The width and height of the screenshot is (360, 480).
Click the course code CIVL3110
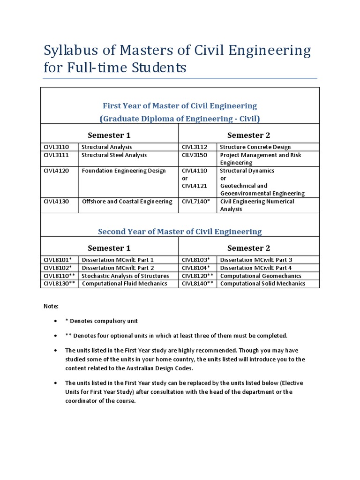point(56,147)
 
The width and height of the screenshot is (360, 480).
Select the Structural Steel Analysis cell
point(114,155)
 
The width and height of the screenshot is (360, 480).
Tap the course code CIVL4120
point(56,171)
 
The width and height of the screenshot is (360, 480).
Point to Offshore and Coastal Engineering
point(127,202)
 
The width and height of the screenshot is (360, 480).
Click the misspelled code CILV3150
point(194,155)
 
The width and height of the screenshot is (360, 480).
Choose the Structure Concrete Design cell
point(255,147)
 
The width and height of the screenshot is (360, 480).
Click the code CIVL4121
point(194,186)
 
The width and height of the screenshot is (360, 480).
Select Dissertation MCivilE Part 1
point(118,260)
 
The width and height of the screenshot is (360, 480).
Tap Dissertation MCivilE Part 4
point(256,268)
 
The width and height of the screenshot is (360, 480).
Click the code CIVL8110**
point(60,276)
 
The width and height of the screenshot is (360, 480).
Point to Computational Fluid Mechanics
point(124,284)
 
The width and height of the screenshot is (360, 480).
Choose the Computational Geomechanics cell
point(261,276)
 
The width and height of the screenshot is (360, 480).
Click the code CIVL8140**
point(198,284)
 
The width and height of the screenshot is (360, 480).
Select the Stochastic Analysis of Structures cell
point(125,276)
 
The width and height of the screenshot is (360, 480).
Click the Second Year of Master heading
point(180,232)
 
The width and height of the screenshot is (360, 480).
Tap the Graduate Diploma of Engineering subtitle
point(180,118)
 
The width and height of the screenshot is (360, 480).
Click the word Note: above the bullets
point(51,306)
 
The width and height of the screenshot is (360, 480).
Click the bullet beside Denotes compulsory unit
point(55,321)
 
